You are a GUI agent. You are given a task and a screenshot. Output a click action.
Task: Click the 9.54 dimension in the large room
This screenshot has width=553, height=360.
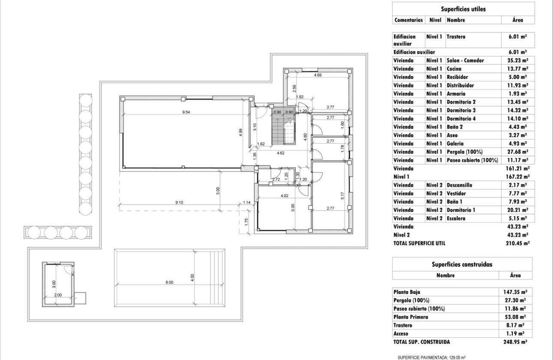[186, 112]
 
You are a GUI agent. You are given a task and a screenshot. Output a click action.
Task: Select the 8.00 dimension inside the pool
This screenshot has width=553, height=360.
[169, 282]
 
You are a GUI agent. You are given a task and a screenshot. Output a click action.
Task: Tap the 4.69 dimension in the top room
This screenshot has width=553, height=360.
[318, 75]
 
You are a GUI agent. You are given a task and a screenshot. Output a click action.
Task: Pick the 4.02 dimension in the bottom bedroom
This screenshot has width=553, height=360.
[284, 196]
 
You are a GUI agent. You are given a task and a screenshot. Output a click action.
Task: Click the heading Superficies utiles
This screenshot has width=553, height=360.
[463, 9]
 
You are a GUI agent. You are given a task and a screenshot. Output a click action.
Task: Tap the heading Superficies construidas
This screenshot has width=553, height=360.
[462, 264]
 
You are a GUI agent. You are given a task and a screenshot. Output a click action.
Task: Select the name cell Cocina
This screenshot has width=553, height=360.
[454, 69]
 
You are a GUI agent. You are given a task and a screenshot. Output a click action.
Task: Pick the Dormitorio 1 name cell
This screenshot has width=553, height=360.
[461, 210]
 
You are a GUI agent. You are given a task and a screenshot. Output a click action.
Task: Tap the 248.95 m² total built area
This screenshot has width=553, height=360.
[515, 342]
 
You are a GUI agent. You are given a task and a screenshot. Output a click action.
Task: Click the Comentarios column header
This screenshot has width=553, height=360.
[408, 20]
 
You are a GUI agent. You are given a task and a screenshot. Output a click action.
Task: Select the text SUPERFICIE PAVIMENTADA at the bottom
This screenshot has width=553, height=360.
[422, 357]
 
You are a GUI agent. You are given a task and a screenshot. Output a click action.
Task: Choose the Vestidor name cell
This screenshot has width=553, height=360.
[457, 193]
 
